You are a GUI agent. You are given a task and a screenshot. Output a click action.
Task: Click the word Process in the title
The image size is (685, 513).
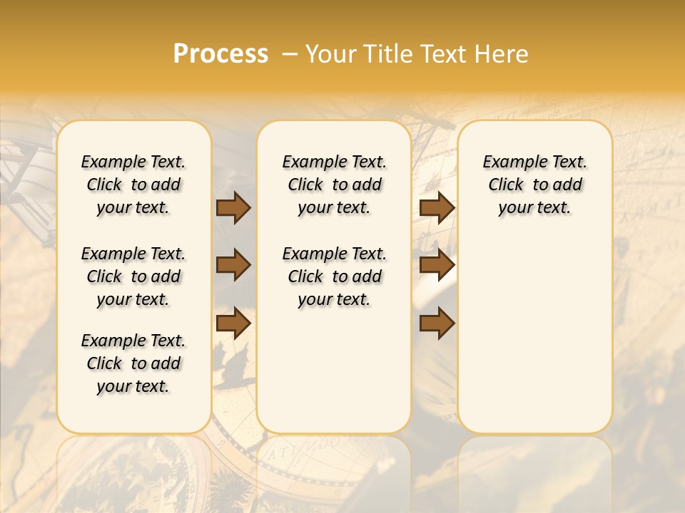[220, 54]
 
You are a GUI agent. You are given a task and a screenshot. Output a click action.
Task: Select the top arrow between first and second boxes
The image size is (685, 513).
[233, 207]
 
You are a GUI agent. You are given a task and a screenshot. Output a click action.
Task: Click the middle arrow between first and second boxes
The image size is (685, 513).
[233, 265]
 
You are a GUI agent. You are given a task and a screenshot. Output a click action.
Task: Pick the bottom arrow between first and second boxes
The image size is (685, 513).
[233, 323]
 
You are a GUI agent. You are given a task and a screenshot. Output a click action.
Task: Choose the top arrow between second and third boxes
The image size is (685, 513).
[437, 207]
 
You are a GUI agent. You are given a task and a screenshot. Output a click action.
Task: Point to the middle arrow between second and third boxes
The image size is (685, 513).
[437, 265]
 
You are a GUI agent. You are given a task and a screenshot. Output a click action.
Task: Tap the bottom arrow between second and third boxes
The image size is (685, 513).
[437, 323]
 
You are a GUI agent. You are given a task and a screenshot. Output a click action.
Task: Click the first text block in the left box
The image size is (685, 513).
[133, 185]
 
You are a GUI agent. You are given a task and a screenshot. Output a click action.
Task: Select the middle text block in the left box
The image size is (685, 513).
[133, 276]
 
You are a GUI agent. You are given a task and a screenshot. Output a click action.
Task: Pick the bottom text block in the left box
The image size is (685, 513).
[133, 363]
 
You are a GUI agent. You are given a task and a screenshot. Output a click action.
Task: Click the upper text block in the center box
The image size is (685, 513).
[334, 185]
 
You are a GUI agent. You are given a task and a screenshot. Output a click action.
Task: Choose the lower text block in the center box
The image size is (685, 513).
[334, 276]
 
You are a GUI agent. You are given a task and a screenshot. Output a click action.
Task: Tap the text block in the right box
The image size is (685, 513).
[534, 185]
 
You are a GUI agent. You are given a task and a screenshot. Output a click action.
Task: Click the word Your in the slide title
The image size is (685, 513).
[329, 54]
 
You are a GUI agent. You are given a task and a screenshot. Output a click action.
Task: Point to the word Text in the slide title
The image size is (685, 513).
[442, 54]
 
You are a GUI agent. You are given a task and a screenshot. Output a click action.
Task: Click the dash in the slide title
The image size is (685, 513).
[289, 55]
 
